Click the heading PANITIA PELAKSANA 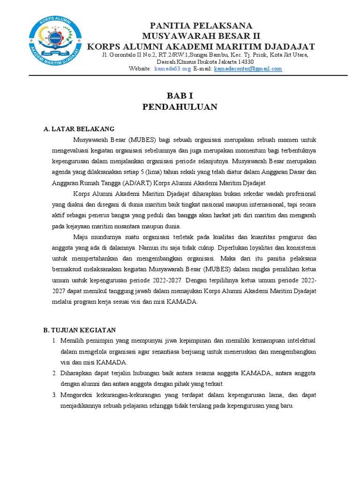click(201, 25)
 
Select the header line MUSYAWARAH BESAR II click(201, 36)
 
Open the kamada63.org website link click(172, 69)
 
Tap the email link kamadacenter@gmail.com click(248, 69)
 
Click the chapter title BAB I click(180, 96)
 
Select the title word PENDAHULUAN click(180, 107)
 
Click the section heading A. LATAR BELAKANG click(79, 129)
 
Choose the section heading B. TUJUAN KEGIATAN click(79, 330)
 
